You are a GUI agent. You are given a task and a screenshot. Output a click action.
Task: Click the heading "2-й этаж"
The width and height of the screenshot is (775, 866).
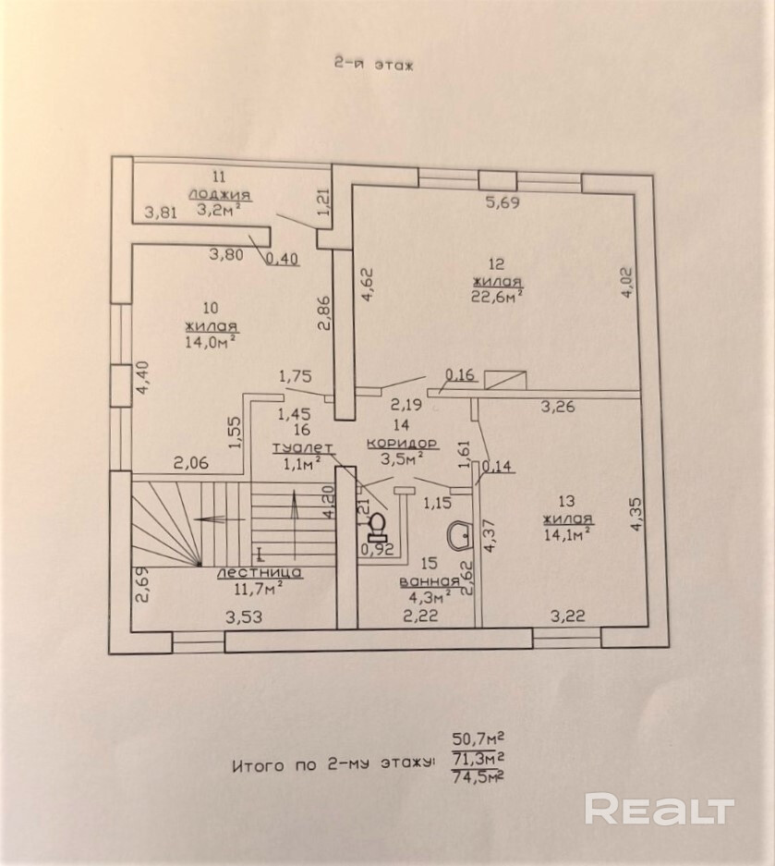(x=374, y=65)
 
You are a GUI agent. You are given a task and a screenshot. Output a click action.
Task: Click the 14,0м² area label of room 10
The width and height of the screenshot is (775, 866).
(x=211, y=341)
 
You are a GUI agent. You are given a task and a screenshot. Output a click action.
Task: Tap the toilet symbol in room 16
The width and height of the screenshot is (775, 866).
(x=376, y=525)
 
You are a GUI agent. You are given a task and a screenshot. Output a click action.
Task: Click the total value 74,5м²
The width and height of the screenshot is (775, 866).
(x=477, y=778)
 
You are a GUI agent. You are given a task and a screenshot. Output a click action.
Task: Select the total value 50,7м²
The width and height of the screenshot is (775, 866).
(x=477, y=738)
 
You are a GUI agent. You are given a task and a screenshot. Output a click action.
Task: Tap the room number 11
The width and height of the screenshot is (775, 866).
(x=218, y=176)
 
